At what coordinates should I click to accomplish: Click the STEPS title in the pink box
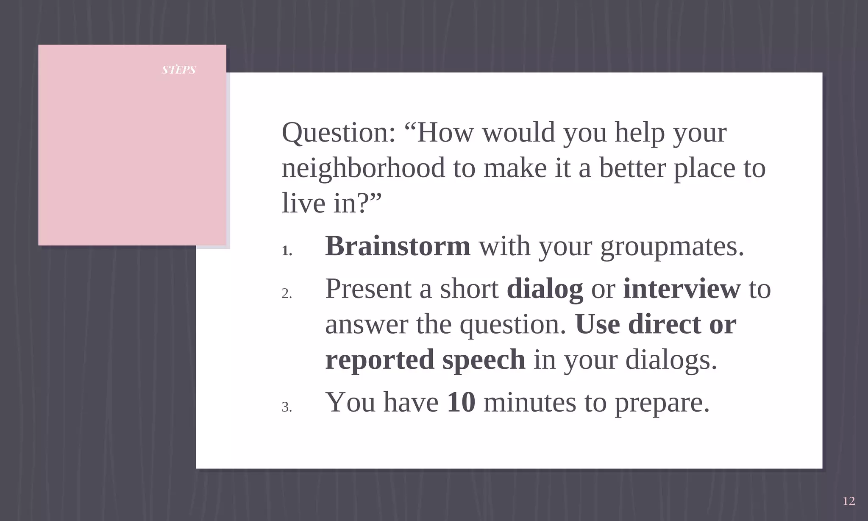(x=178, y=70)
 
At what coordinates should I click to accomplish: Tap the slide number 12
(x=849, y=501)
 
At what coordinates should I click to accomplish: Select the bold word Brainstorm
(x=398, y=246)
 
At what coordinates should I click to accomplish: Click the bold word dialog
(x=545, y=290)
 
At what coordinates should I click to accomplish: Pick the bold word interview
(x=682, y=289)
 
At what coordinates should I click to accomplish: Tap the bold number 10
(x=461, y=402)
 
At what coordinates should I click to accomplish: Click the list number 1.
(x=287, y=251)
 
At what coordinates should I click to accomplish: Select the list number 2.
(x=287, y=293)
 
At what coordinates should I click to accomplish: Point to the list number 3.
(x=287, y=407)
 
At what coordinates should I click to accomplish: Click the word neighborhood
(x=363, y=168)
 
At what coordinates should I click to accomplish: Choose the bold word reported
(x=379, y=360)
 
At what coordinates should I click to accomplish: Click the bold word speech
(x=484, y=360)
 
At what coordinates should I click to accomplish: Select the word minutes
(x=530, y=402)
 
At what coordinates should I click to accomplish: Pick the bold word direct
(x=664, y=324)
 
